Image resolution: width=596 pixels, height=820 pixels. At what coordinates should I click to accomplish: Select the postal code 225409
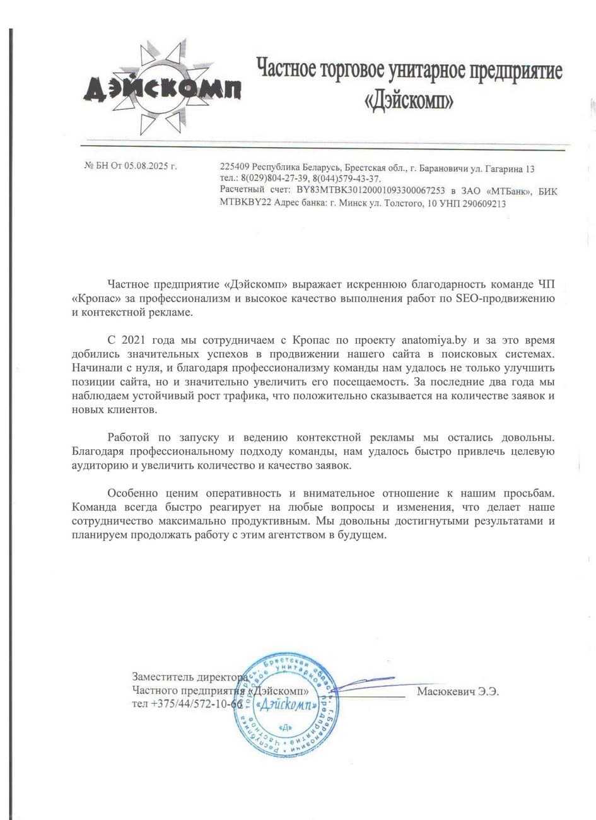click(x=234, y=168)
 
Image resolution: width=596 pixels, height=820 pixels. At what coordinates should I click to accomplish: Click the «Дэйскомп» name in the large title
click(x=408, y=100)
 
